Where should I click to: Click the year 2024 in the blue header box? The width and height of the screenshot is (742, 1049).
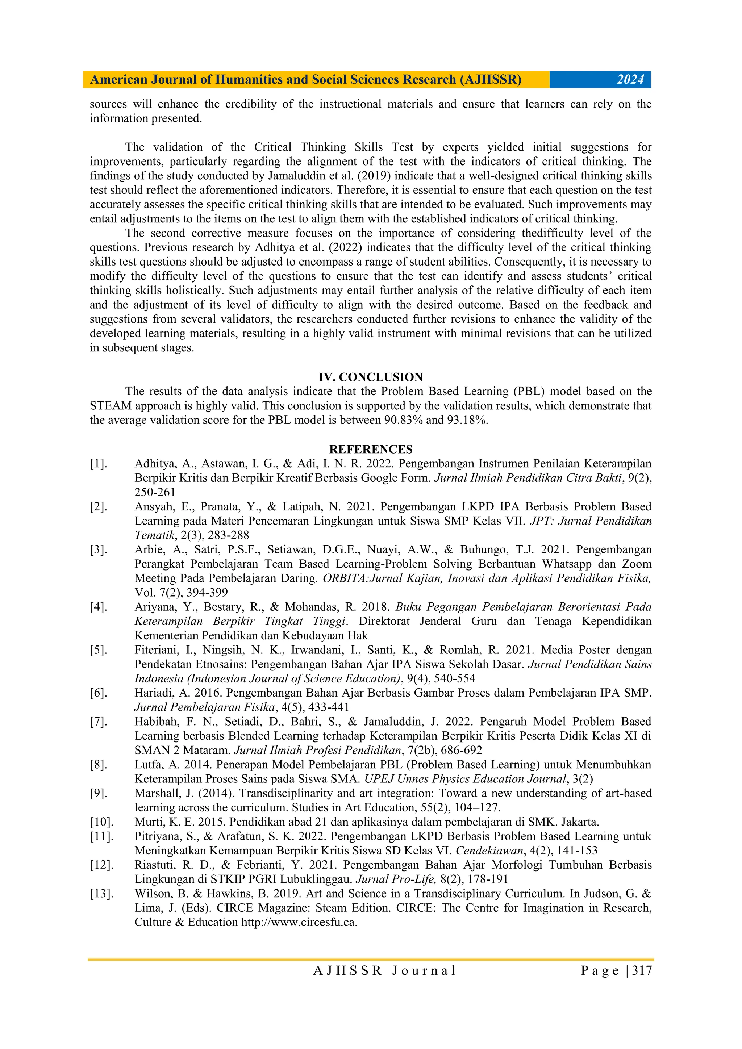coord(630,79)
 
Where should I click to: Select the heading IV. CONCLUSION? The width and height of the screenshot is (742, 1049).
coord(371,377)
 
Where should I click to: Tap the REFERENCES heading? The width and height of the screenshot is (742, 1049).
coord(371,449)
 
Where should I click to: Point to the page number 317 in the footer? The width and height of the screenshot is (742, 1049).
coord(642,971)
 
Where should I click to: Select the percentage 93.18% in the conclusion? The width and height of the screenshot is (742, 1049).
coord(467,420)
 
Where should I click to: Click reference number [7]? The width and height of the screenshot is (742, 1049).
coord(98,722)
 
